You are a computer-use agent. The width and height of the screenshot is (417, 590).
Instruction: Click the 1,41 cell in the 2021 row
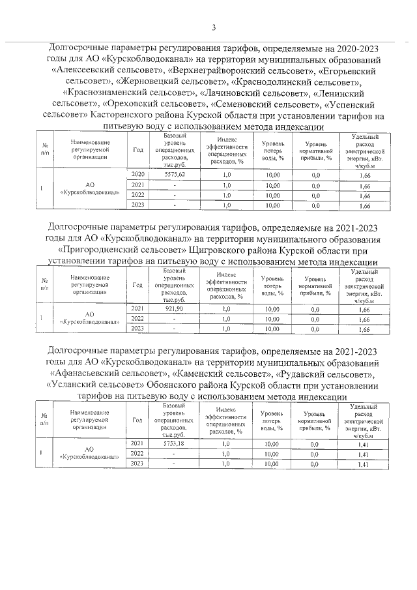point(364,443)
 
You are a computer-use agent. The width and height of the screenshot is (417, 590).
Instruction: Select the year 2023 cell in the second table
point(137,329)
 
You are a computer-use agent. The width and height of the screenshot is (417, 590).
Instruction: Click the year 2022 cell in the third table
point(137,453)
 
